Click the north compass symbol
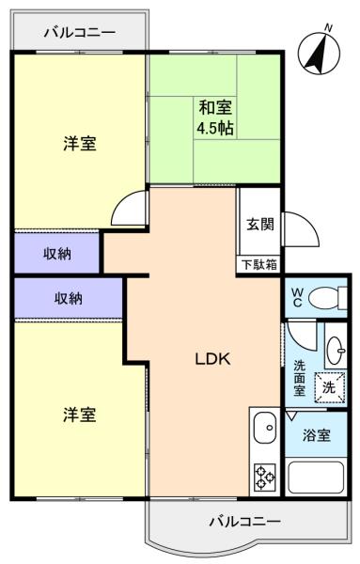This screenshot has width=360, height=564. [319, 53]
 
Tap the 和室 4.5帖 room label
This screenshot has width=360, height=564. [216, 117]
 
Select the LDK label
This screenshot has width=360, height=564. [212, 359]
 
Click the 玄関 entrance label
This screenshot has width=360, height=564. [260, 225]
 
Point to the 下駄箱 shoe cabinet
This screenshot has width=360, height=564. [259, 265]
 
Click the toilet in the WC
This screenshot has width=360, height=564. [328, 298]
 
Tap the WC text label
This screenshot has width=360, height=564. [297, 297]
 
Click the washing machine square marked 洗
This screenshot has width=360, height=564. [330, 387]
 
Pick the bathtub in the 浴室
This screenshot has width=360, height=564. [316, 478]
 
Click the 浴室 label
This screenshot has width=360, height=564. [316, 435]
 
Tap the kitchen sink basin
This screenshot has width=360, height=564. [265, 428]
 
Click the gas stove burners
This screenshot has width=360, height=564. [265, 478]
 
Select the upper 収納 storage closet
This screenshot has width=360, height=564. [56, 253]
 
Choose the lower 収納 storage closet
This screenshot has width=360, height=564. [69, 298]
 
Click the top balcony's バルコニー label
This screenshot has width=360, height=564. [80, 33]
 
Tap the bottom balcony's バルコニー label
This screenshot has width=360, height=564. [245, 521]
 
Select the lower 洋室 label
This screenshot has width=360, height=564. [80, 415]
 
